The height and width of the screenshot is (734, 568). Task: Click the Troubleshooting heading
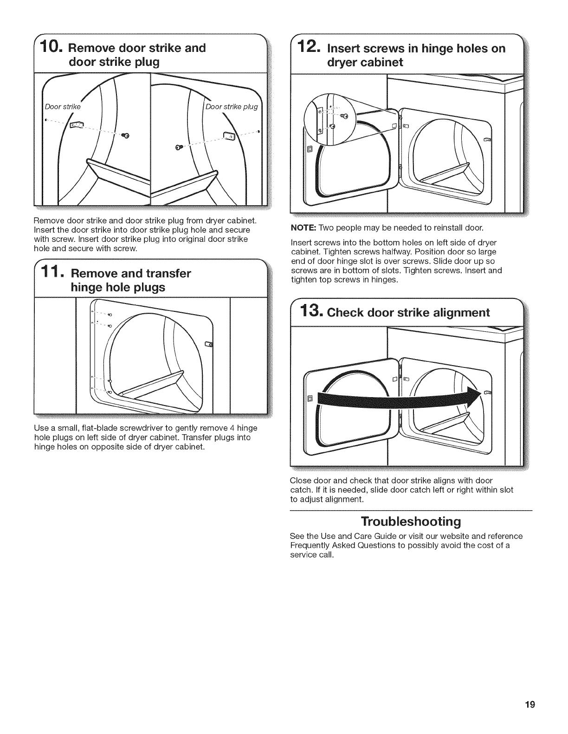(x=411, y=522)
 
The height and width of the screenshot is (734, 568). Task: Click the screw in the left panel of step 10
(x=124, y=135)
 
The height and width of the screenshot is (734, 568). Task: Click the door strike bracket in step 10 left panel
(x=76, y=126)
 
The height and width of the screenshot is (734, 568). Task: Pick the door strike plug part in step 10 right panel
(x=229, y=136)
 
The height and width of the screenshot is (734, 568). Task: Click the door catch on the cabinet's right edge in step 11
(x=208, y=344)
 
